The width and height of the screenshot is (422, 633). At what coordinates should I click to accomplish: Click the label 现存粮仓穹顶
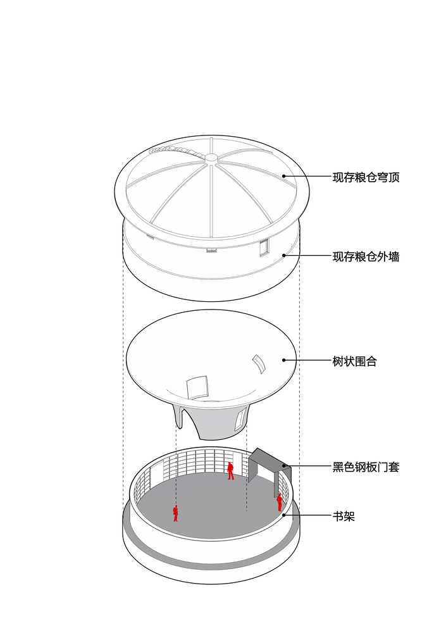366,177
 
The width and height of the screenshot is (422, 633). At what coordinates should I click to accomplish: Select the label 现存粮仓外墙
366,256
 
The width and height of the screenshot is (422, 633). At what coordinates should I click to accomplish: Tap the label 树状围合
355,361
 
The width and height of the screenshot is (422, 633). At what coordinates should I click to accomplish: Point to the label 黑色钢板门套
366,467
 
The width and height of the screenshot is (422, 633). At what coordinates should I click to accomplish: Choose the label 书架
344,516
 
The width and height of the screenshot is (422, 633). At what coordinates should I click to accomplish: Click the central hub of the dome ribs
211,158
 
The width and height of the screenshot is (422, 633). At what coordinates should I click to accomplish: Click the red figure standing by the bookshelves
230,471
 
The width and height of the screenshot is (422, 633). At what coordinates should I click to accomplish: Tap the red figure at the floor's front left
175,513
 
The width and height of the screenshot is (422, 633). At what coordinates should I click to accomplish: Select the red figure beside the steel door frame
279,503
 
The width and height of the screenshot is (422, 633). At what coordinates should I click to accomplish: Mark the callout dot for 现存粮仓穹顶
283,176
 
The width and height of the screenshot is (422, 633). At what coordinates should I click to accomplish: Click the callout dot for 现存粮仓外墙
283,255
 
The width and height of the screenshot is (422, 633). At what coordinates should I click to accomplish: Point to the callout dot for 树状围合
283,360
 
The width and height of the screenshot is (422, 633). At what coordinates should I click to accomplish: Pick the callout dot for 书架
283,515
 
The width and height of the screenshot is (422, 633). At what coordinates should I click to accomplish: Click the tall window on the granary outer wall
264,247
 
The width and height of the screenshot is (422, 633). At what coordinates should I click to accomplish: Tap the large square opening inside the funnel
197,387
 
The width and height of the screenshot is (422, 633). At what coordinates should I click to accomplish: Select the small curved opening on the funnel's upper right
259,364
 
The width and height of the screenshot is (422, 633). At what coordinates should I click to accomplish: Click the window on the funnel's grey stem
240,419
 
